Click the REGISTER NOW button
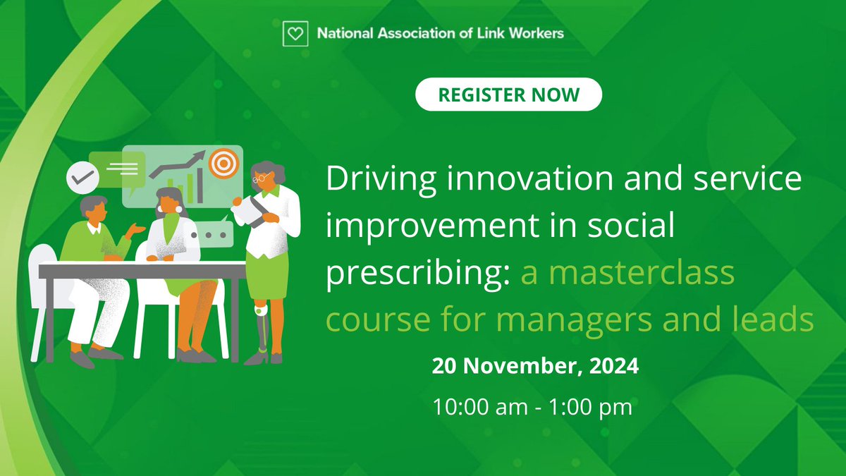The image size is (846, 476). point(508,94)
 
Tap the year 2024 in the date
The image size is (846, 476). point(613,367)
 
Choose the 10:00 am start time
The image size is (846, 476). point(474,407)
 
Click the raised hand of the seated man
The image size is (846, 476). point(135,230)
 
